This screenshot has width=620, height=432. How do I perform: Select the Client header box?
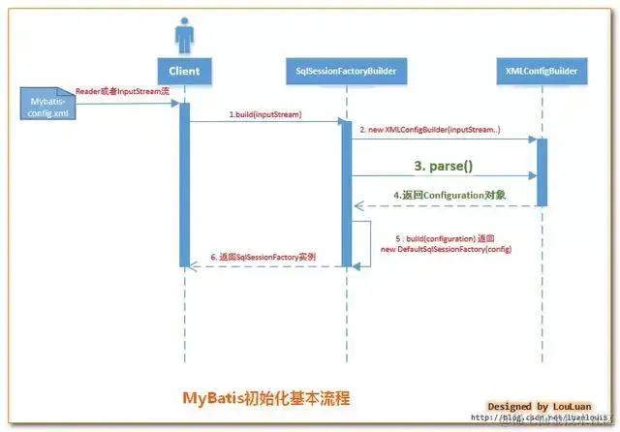(x=183, y=71)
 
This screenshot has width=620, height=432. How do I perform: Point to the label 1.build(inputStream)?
(x=264, y=114)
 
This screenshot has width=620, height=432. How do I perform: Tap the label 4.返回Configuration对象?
(x=449, y=195)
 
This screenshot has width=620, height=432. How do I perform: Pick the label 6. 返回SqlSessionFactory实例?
(x=263, y=257)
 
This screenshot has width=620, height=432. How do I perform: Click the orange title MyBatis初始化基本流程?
(x=266, y=397)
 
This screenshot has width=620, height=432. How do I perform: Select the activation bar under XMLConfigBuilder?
(x=542, y=171)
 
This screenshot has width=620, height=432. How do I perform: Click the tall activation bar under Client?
(x=183, y=184)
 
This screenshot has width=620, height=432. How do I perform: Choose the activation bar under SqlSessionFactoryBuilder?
(x=346, y=193)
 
